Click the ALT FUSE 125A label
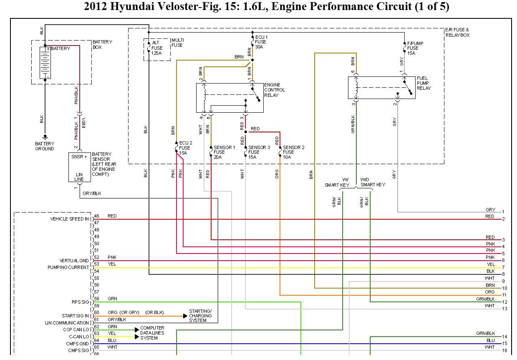click(158, 48)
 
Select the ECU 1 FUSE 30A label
click(261, 42)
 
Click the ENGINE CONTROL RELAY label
click(275, 90)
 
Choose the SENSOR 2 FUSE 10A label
click(293, 152)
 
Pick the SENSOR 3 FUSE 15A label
click(259, 152)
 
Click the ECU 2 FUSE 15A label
click(185, 148)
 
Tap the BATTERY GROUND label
click(45, 146)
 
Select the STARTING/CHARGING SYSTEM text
click(200, 316)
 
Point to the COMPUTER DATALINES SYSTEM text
click(152, 333)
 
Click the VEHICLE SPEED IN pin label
click(69, 219)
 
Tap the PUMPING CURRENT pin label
click(68, 267)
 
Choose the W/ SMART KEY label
click(337, 182)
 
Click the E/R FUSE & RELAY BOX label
click(457, 33)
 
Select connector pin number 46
click(96, 216)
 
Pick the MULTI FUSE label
click(177, 42)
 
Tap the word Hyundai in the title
click(131, 7)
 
